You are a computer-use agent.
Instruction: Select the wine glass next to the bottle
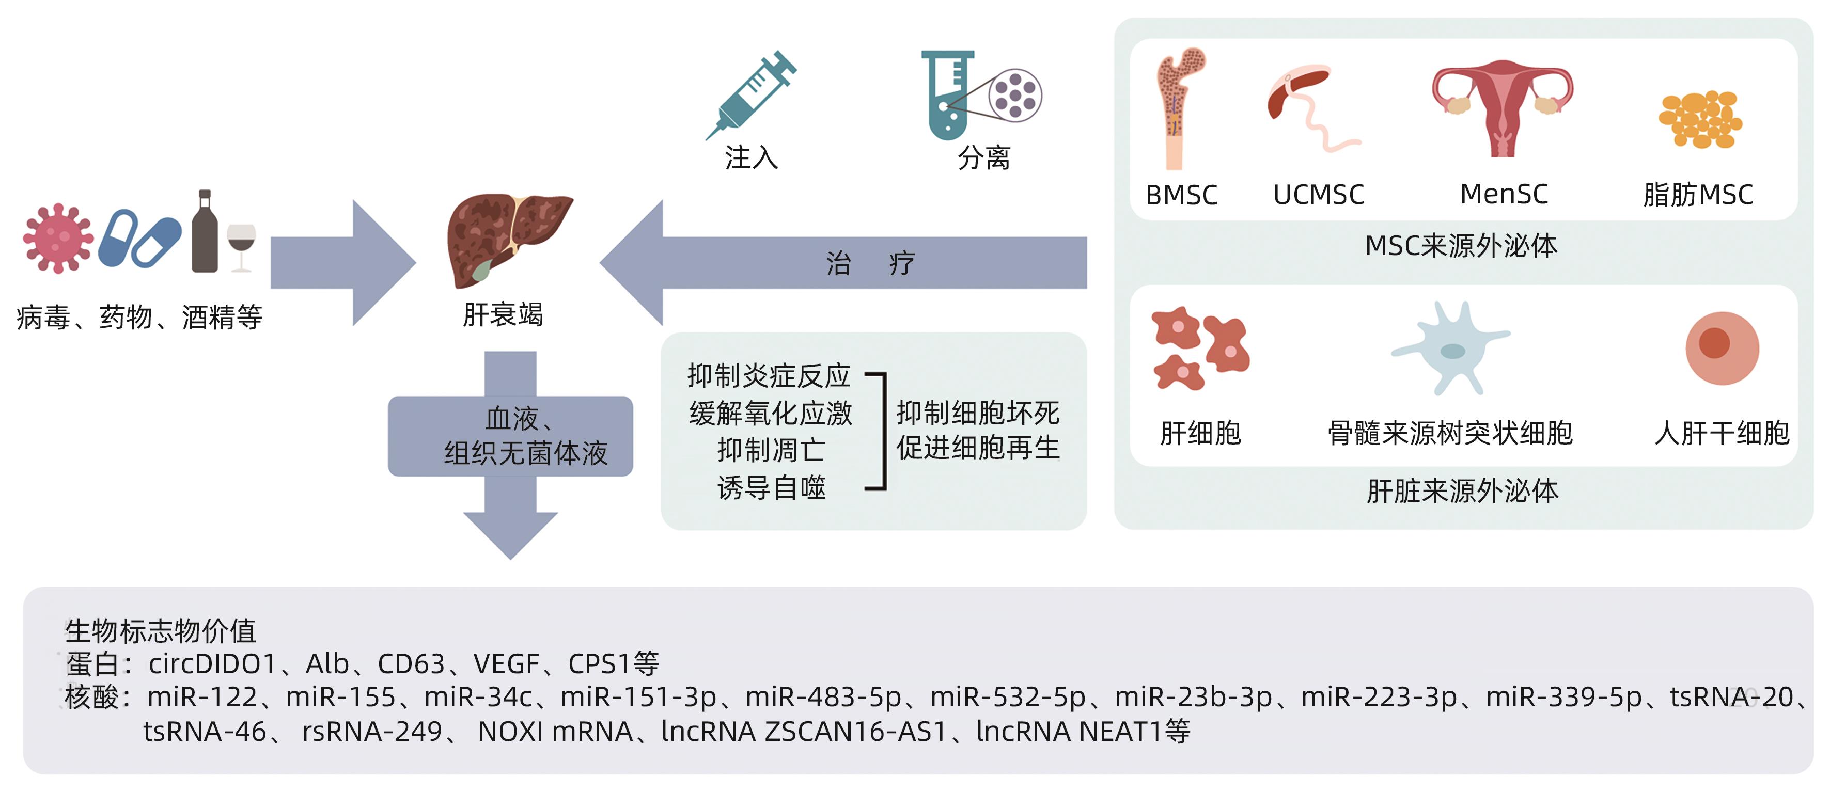click(242, 245)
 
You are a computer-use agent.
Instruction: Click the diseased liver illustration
click(506, 238)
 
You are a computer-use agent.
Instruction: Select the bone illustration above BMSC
click(1178, 106)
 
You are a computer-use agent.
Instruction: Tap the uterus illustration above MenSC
click(1503, 106)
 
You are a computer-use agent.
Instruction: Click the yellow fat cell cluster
click(1700, 119)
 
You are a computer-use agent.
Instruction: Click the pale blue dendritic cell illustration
click(1451, 348)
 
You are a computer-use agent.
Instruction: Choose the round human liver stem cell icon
click(1722, 348)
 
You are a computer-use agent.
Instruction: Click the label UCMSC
click(1319, 195)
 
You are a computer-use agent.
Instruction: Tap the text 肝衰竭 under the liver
click(503, 314)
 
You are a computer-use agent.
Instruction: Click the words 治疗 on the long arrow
click(871, 263)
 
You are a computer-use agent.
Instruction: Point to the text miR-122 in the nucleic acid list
click(202, 698)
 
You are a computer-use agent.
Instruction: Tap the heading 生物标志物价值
click(161, 630)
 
